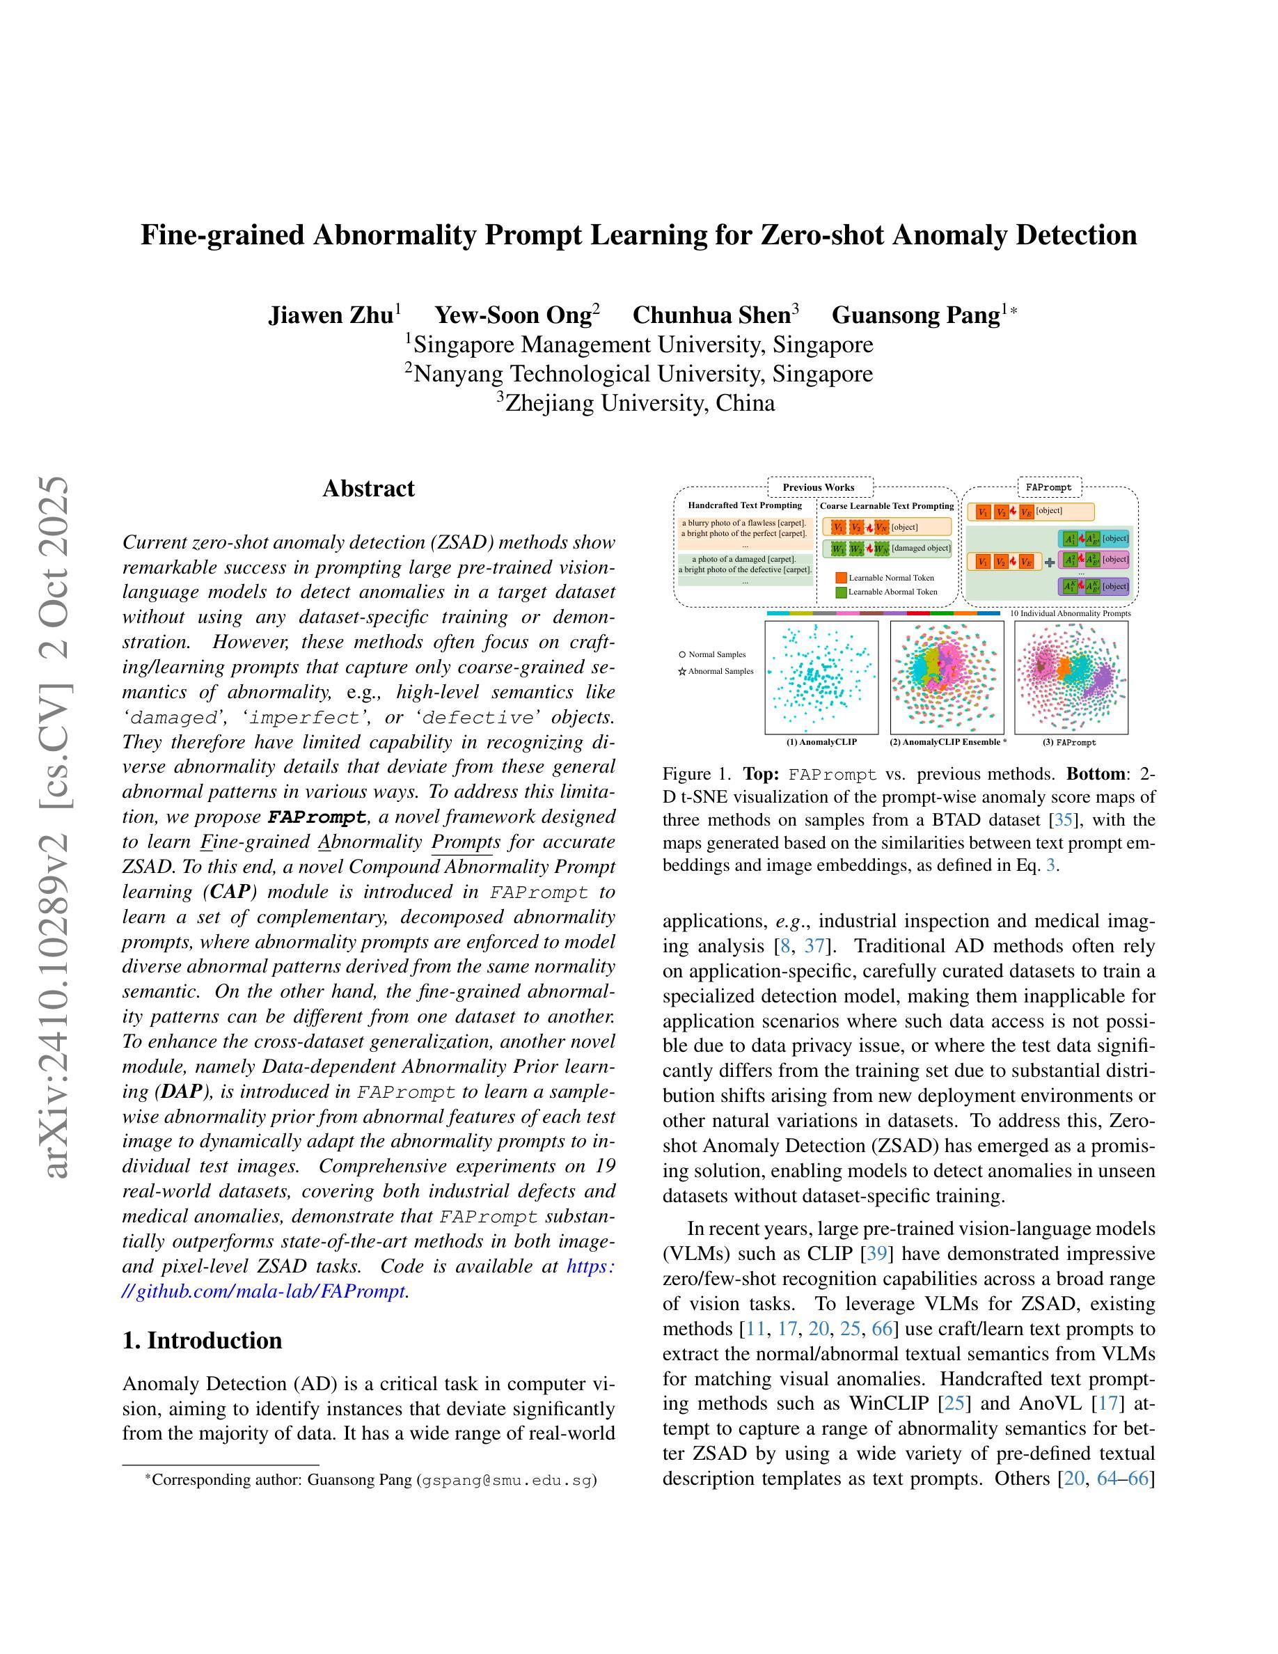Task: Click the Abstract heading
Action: point(368,489)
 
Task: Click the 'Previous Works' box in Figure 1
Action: point(819,487)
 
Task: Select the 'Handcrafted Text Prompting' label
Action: point(744,505)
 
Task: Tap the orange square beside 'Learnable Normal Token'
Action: point(840,578)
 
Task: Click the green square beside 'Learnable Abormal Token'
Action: point(840,592)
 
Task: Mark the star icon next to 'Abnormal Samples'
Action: point(682,672)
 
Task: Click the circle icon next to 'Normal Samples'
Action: point(682,654)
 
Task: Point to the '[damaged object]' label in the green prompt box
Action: point(921,548)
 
